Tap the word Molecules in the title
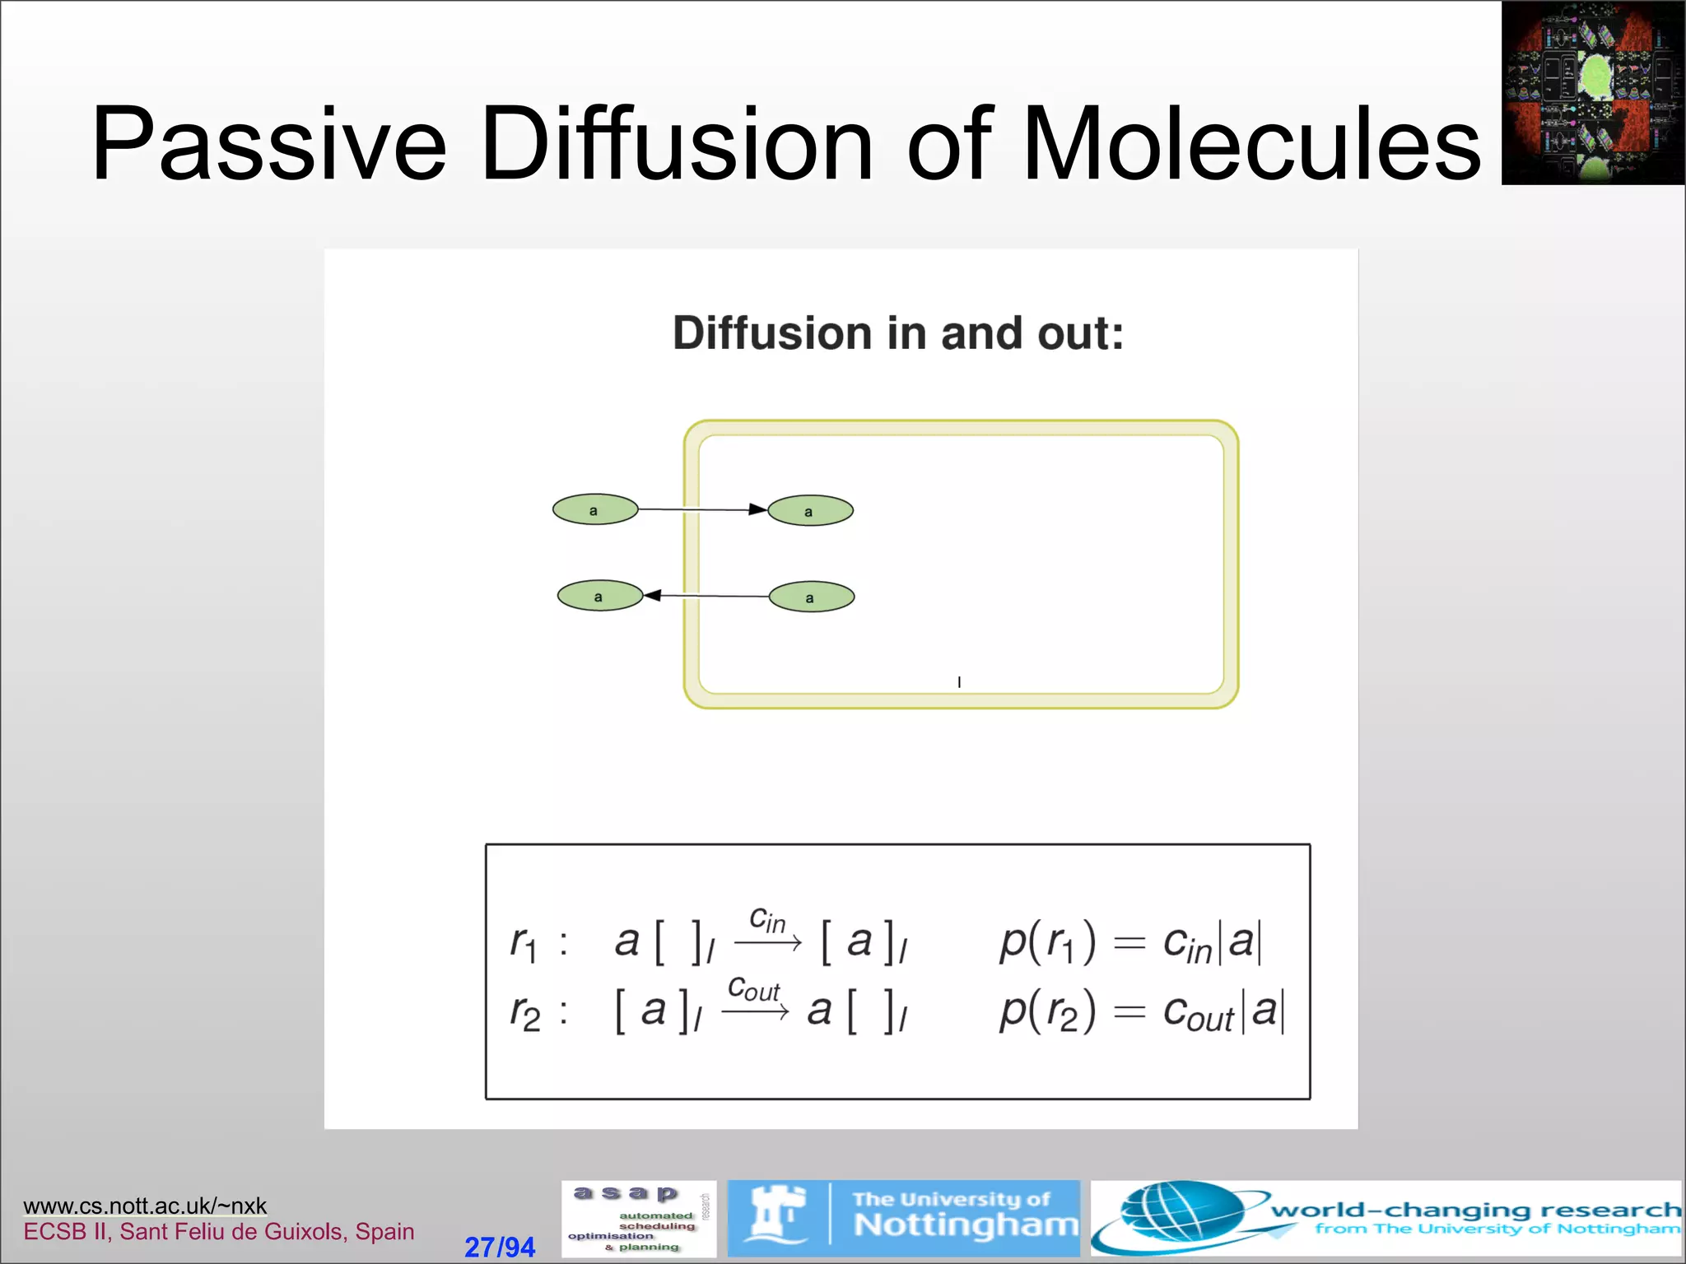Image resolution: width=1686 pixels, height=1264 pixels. (x=1251, y=144)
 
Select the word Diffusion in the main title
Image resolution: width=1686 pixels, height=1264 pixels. (x=676, y=144)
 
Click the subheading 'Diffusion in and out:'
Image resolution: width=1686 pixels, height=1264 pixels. (x=897, y=333)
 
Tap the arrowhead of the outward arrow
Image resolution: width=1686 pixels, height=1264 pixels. (x=653, y=595)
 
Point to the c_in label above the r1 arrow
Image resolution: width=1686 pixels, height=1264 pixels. (x=767, y=920)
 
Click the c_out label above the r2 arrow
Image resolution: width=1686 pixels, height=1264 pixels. (x=753, y=989)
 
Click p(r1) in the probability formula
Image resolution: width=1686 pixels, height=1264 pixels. (x=1047, y=941)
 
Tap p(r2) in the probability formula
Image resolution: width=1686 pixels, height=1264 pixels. (x=1047, y=1011)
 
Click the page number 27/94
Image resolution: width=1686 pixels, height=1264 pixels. (x=500, y=1247)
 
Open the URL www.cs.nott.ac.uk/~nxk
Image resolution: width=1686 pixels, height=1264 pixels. (x=145, y=1206)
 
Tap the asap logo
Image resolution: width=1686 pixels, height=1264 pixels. (x=639, y=1219)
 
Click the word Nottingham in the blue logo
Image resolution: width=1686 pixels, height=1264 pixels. (x=966, y=1225)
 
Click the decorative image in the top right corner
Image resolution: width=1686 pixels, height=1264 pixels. (x=1593, y=92)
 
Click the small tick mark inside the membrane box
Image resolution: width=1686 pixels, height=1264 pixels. (x=959, y=682)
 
